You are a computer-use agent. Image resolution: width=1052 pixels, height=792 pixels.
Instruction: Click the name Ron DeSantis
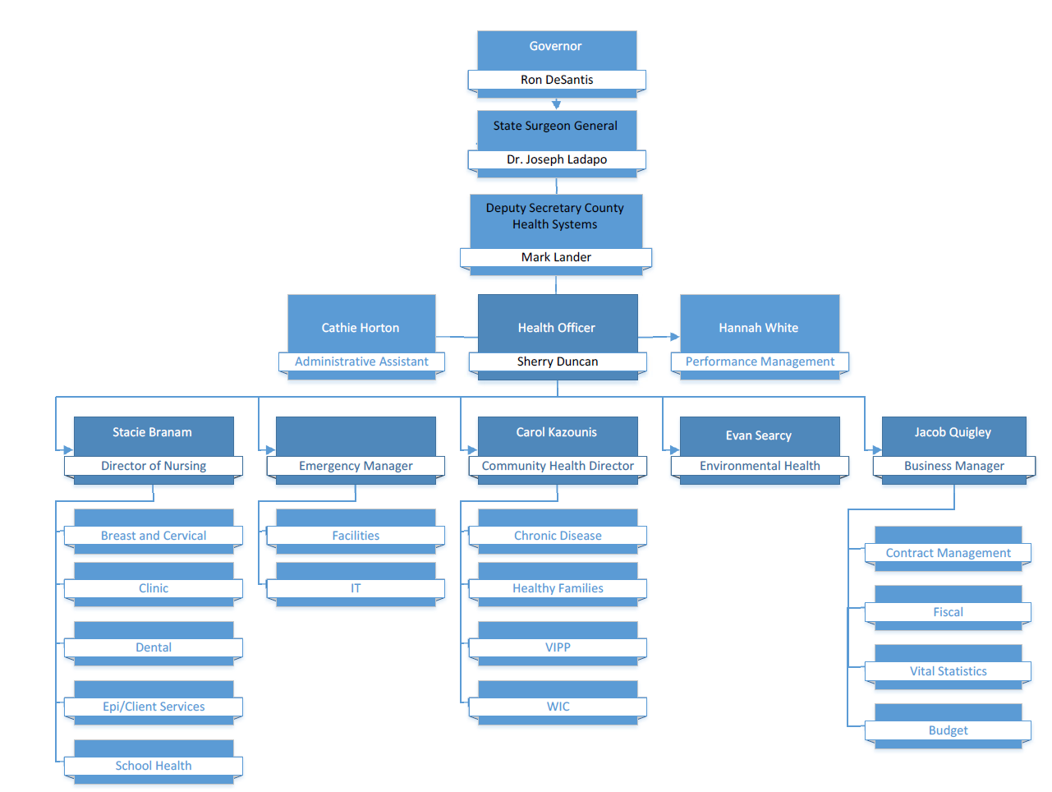(556, 80)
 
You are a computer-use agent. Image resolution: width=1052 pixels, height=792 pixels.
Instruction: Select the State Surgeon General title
(555, 126)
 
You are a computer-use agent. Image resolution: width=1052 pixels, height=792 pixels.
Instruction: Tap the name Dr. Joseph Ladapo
(556, 159)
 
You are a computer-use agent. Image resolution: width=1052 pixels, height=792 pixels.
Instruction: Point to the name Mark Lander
(556, 257)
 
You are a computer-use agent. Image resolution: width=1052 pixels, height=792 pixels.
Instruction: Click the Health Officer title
(556, 328)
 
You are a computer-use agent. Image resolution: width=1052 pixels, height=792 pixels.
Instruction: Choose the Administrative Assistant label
(361, 361)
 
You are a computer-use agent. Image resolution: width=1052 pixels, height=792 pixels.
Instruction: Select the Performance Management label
(760, 361)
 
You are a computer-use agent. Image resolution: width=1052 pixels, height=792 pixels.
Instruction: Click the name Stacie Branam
(152, 432)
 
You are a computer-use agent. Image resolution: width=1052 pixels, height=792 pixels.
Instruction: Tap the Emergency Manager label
(356, 466)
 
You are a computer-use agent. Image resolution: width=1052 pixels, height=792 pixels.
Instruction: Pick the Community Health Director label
(558, 466)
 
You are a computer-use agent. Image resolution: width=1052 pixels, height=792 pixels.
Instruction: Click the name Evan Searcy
(758, 435)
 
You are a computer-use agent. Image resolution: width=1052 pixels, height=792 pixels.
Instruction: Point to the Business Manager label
(953, 466)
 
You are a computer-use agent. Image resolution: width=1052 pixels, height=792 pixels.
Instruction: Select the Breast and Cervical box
(154, 536)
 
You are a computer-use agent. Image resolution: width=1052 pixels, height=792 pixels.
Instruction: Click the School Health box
(154, 766)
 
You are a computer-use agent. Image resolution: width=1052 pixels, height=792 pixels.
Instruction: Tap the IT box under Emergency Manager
(356, 588)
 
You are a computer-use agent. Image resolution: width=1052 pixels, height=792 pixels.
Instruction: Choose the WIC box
(558, 707)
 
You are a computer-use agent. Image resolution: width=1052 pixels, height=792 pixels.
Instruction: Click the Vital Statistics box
(948, 671)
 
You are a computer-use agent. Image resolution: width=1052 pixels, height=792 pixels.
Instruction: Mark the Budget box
(948, 730)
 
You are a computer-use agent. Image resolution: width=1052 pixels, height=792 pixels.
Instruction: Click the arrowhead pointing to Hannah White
(674, 337)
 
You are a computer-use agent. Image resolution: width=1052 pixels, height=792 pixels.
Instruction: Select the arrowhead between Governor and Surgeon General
(556, 104)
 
